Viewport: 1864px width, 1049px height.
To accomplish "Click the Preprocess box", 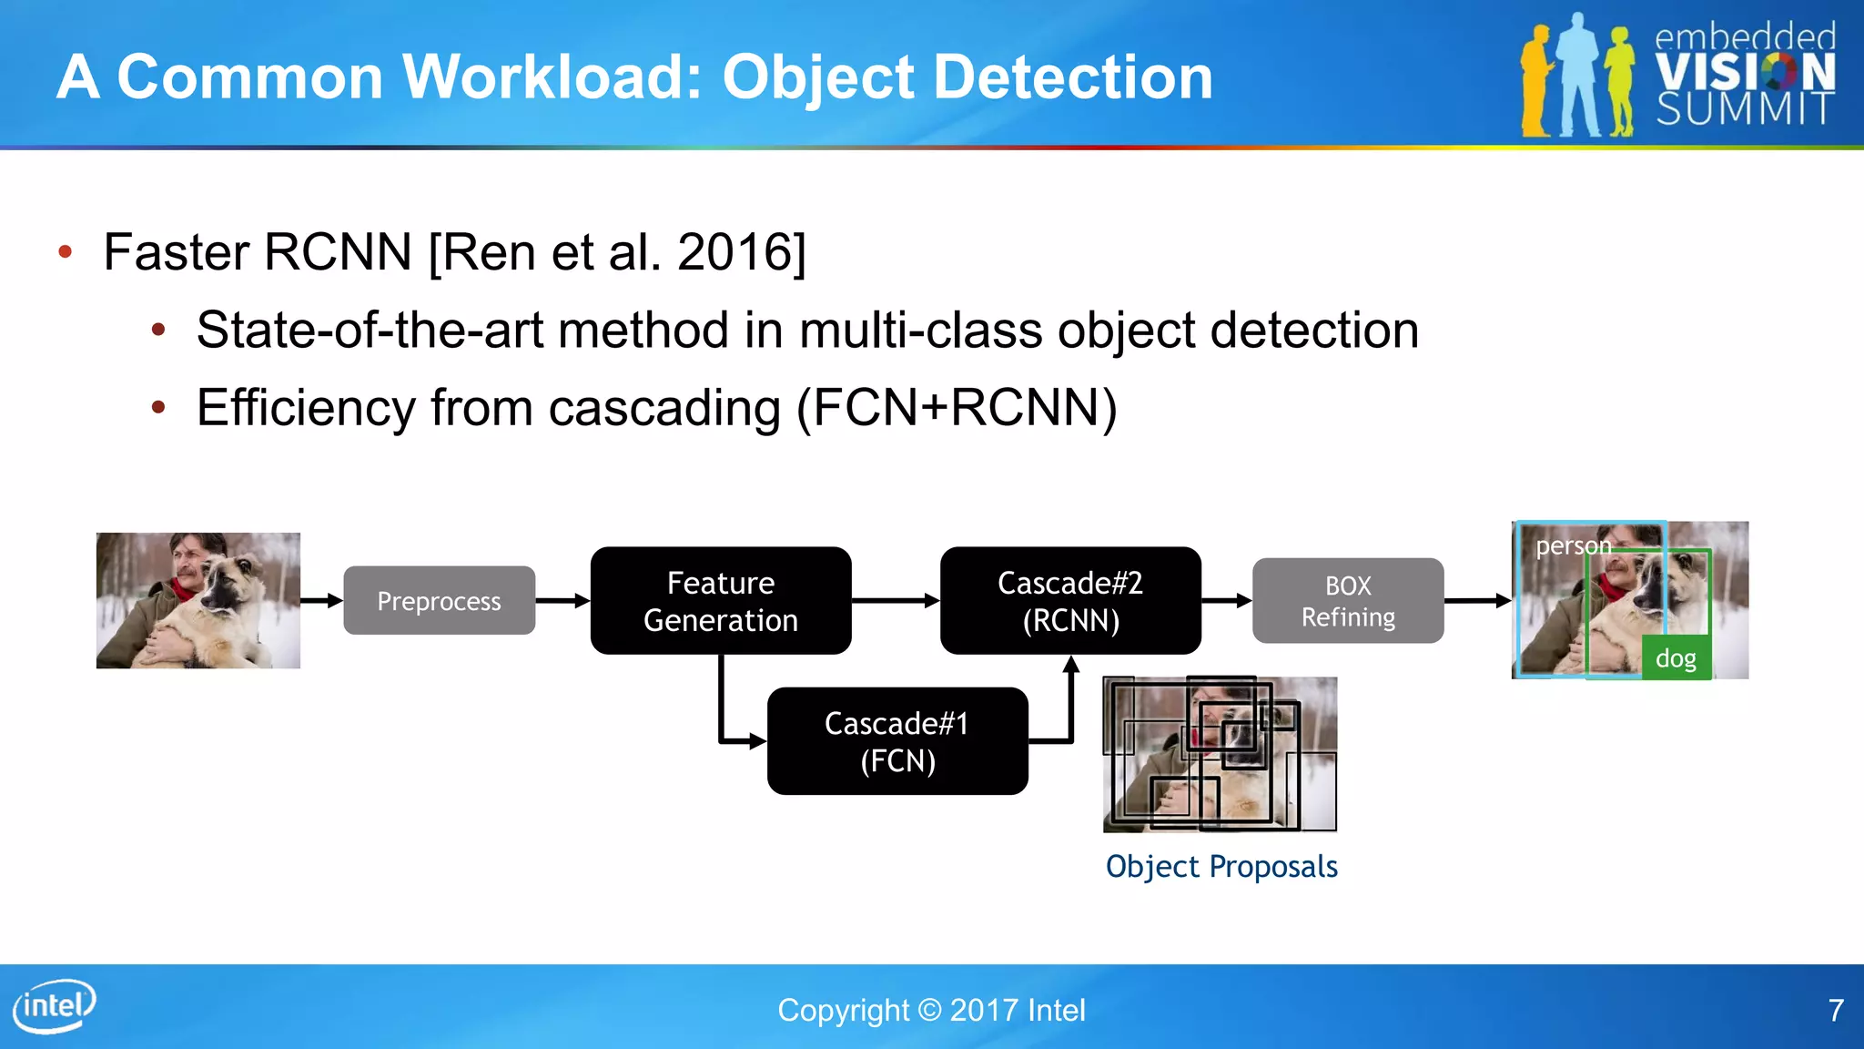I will coord(439,601).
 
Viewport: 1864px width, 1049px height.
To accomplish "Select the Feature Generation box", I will coord(720,601).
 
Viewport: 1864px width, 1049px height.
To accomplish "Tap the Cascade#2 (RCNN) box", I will coord(1069,601).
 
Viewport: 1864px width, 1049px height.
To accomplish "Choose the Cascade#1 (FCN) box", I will coord(897,741).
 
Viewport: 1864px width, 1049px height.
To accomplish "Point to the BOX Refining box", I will coord(1347,601).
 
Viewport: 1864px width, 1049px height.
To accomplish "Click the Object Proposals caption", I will coord(1221,867).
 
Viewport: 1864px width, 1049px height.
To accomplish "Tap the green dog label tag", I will coord(1676,658).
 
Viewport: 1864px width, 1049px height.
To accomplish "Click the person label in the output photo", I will coord(1572,546).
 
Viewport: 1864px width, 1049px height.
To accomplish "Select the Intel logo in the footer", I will coord(55,1005).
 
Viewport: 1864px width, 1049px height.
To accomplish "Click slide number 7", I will coord(1836,1010).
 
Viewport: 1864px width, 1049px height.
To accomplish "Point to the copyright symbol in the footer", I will coord(929,1010).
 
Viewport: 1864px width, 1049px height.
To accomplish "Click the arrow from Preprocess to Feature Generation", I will coord(562,601).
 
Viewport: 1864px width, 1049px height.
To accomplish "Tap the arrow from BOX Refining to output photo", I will coord(1477,601).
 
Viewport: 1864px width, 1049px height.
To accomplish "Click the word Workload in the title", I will coord(553,76).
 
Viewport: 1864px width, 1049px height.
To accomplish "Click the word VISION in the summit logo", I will coord(1744,73).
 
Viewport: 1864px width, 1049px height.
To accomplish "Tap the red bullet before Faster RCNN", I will coord(65,252).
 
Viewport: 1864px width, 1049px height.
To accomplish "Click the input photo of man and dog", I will coord(198,601).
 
